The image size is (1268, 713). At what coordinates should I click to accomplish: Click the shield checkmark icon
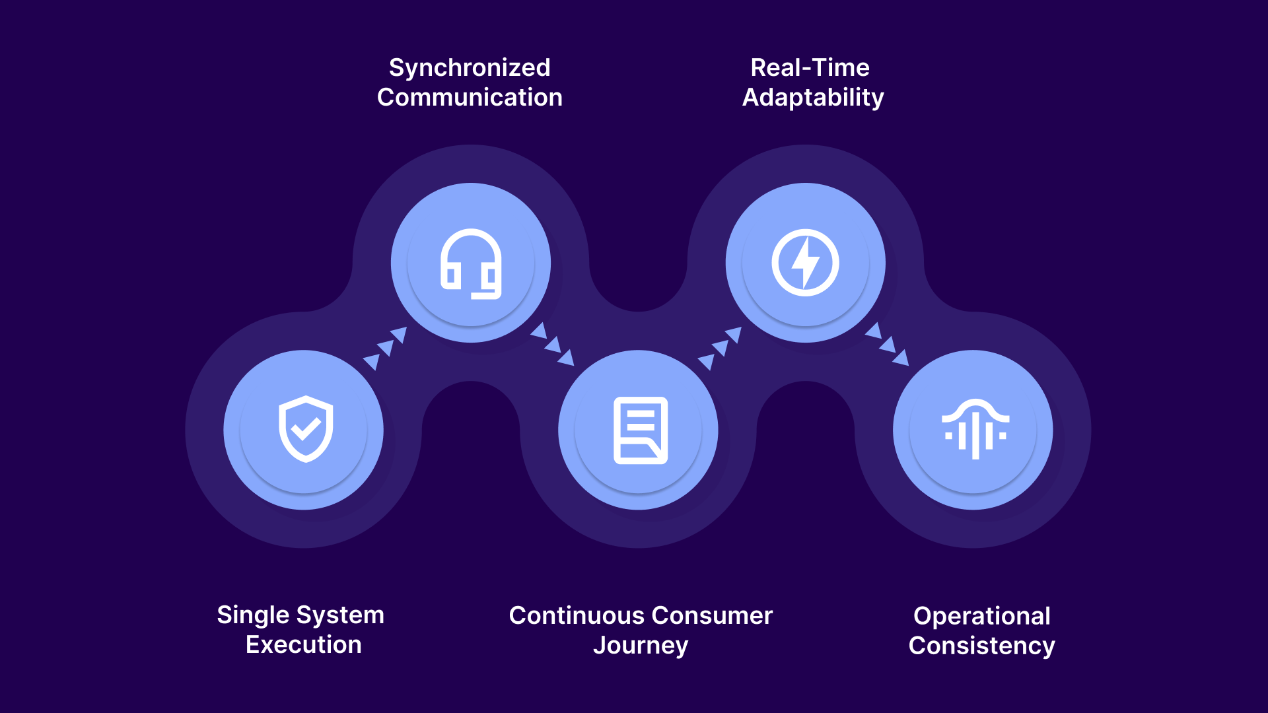point(305,429)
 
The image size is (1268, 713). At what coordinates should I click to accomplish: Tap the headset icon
point(471,263)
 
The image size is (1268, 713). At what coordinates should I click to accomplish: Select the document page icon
point(640,430)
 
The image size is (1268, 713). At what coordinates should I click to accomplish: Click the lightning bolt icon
point(805,263)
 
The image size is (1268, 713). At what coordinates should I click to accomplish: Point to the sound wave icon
point(975,429)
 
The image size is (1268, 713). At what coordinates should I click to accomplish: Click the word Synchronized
point(470,67)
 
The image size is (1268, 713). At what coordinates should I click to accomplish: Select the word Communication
point(470,98)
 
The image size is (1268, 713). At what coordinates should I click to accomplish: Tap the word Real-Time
point(810,67)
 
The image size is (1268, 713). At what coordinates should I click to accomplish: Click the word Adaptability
point(813,98)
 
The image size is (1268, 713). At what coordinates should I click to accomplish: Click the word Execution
point(304,645)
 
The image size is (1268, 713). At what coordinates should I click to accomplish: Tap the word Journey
point(641,645)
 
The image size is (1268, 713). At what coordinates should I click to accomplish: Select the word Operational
point(981,616)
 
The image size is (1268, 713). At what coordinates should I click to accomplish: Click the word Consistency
point(981,646)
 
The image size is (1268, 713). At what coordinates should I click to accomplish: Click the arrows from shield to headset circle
point(385,348)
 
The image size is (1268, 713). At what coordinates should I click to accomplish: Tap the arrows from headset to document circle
point(553,344)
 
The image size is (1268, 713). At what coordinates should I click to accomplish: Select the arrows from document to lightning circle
point(720,348)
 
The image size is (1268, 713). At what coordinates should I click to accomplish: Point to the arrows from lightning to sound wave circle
point(888,344)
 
